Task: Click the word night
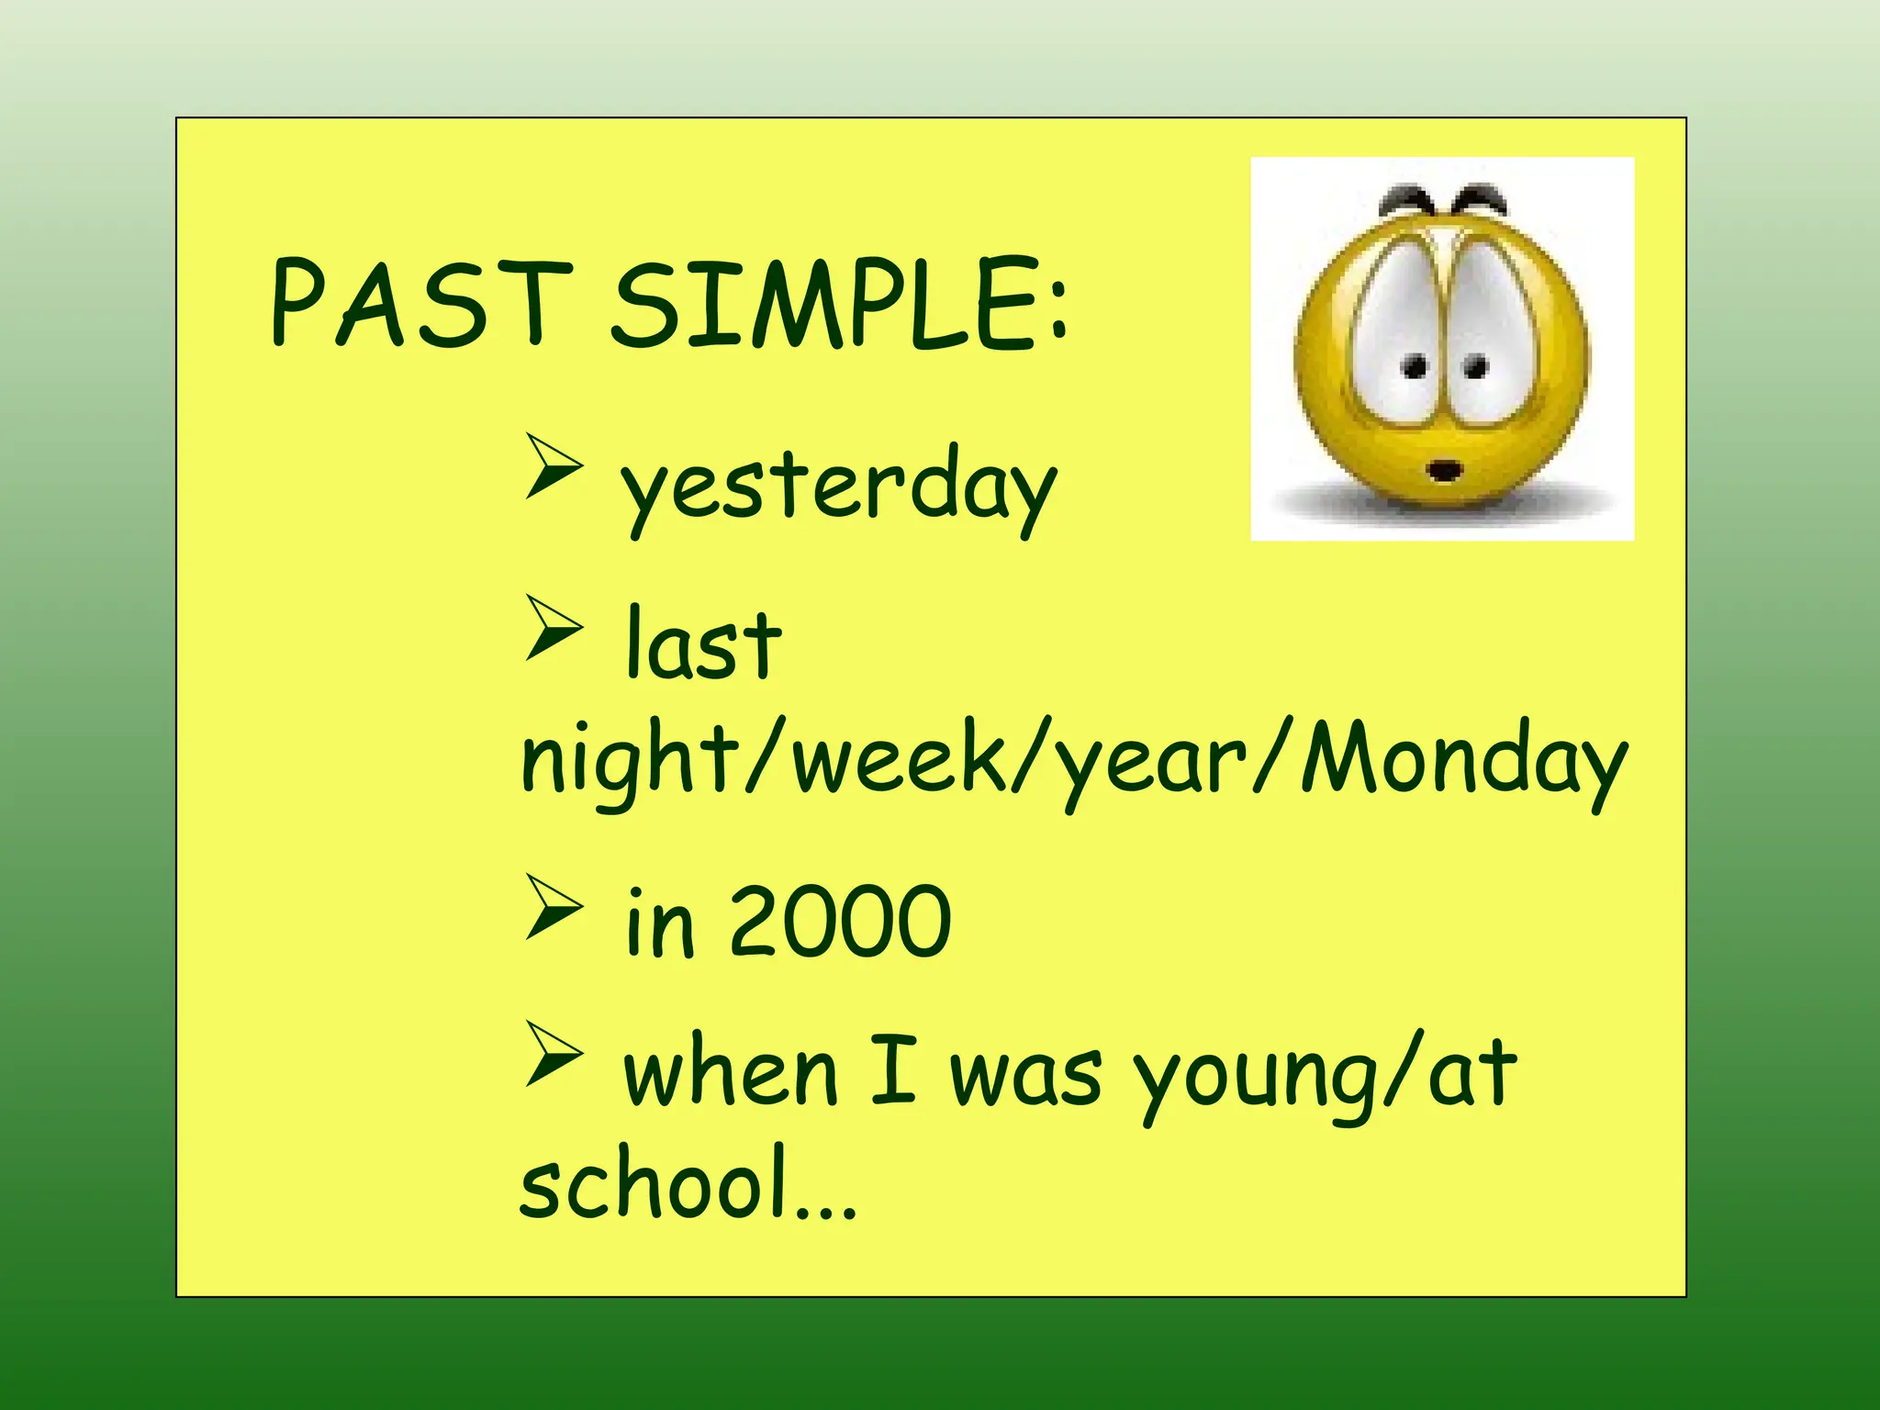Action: coord(630,762)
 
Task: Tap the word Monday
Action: coord(1463,762)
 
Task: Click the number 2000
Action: coord(839,922)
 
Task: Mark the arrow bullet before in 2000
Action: coord(554,907)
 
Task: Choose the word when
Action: coord(731,1072)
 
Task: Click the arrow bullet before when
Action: coord(554,1054)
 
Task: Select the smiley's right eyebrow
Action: coord(1480,196)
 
